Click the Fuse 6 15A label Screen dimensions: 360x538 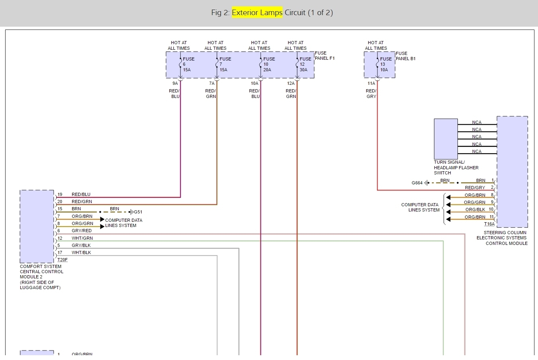188,64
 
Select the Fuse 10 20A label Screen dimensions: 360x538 268,64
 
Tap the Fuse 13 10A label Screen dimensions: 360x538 385,64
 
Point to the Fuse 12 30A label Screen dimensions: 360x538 305,64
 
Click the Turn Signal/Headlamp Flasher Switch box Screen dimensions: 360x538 446,139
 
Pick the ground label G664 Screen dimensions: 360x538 417,183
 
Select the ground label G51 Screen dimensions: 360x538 137,212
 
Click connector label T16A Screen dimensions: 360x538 489,224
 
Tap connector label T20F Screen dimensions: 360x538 63,260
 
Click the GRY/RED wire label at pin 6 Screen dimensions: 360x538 82,231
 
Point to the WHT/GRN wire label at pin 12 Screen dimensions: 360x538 82,238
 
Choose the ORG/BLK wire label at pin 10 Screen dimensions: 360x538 475,209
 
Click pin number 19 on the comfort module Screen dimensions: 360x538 60,195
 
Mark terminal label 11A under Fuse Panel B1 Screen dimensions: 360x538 371,83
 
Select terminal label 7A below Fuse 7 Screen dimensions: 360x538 212,83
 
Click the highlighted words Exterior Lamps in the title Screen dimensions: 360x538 257,12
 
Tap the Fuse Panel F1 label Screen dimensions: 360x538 324,56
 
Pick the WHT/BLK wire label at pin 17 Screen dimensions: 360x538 81,252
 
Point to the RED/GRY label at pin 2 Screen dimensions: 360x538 475,188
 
